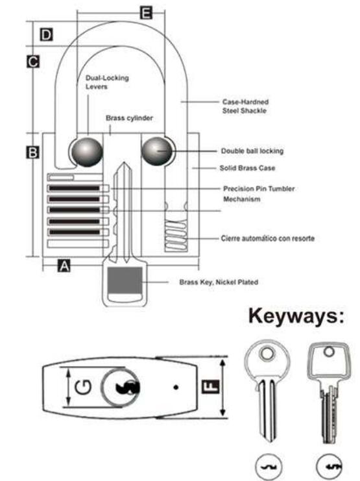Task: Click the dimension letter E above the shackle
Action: tap(146, 13)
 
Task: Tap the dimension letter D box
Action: tap(46, 34)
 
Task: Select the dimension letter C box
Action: tap(33, 62)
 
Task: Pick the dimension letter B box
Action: tap(33, 153)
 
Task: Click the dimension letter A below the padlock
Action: tap(64, 265)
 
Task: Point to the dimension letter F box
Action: tap(211, 386)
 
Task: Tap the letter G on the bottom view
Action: tap(83, 387)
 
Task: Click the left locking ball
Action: tap(87, 152)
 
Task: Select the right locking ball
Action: tap(157, 151)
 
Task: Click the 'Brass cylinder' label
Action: tap(129, 118)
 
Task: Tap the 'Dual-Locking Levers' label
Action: tap(107, 82)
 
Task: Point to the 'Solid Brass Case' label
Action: tap(247, 168)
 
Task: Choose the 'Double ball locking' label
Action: tap(252, 151)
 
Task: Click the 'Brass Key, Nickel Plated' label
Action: tap(219, 282)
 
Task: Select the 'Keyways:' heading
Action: tap(296, 316)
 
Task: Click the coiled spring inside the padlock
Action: tap(176, 235)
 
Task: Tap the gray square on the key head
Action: tap(125, 280)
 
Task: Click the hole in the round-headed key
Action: tap(267, 353)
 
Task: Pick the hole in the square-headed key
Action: tap(329, 352)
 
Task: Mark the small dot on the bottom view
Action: tap(176, 388)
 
